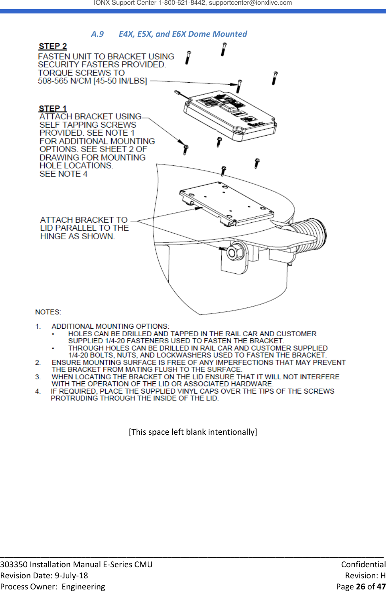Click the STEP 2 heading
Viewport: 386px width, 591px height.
point(53,46)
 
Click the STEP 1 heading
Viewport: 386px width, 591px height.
point(53,108)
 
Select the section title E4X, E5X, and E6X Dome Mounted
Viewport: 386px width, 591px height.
point(183,34)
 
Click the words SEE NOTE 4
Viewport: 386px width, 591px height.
point(63,174)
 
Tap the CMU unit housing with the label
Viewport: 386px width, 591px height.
point(230,115)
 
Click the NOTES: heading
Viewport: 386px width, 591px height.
point(48,312)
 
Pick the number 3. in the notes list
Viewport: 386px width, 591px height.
point(38,377)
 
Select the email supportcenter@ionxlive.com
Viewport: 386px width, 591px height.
point(250,3)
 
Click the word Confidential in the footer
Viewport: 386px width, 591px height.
point(363,564)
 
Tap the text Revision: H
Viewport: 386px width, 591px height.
point(365,576)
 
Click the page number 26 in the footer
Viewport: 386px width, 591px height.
point(360,587)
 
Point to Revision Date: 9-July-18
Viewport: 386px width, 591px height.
point(44,576)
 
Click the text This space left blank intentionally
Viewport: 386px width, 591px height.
point(193,432)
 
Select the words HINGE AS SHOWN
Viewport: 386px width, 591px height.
point(77,237)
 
